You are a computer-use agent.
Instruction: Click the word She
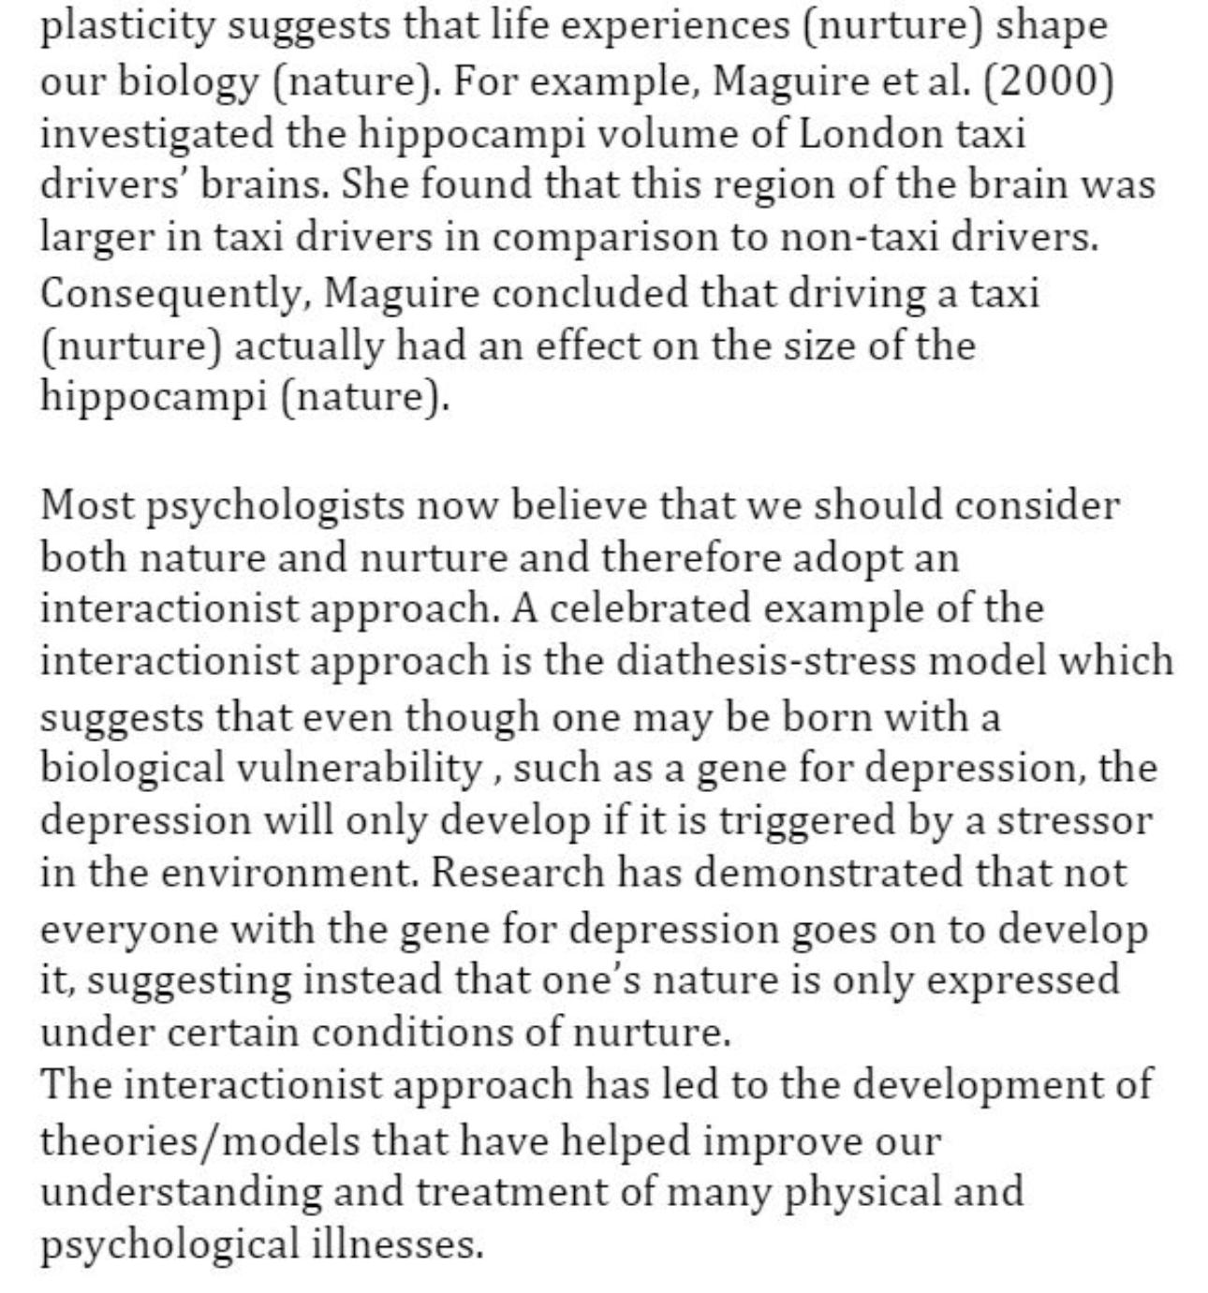[374, 184]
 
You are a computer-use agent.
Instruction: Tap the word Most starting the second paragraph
[85, 506]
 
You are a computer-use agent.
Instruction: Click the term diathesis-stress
[765, 661]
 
